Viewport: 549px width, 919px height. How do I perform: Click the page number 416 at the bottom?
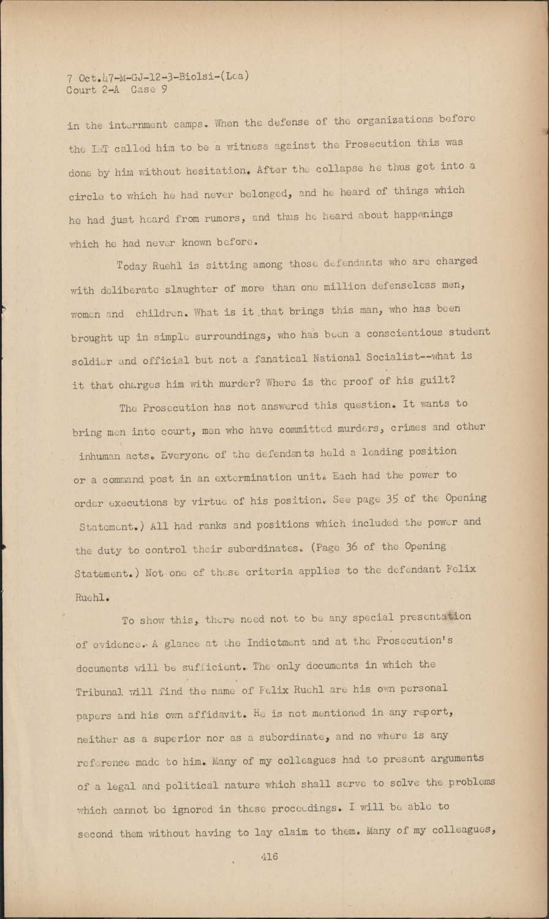[x=269, y=857]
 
